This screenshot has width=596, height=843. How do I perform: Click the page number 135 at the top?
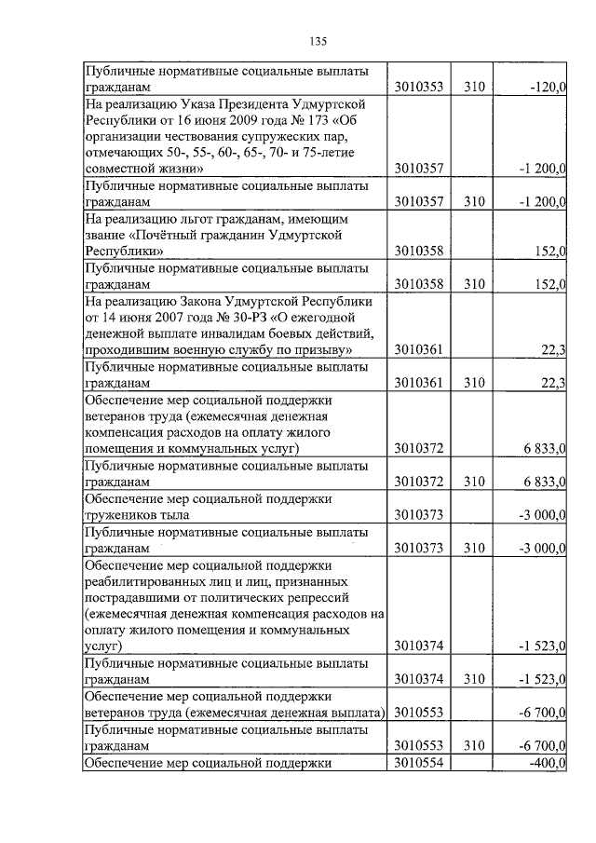(x=317, y=40)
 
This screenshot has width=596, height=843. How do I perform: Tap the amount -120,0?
(x=547, y=87)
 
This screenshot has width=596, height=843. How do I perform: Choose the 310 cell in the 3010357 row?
(x=475, y=201)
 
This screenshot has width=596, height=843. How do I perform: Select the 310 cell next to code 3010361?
(x=475, y=382)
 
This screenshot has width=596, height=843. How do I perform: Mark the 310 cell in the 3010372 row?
(x=475, y=481)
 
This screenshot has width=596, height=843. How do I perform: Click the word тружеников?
(x=122, y=513)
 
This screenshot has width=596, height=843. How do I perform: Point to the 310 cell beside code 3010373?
(x=475, y=546)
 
